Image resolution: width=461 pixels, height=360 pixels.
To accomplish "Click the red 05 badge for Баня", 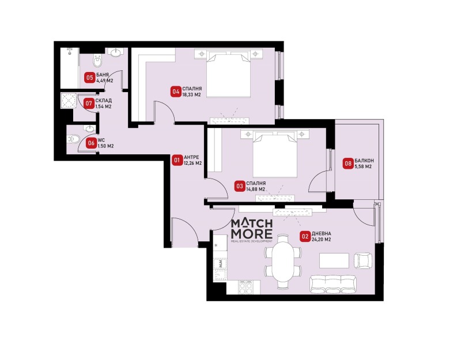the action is pos(89,78).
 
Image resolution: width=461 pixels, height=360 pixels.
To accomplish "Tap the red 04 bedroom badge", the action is pos(176,92).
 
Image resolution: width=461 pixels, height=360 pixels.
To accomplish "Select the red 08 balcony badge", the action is pos(348,164).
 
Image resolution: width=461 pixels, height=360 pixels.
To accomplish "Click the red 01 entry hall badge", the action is pos(177,160).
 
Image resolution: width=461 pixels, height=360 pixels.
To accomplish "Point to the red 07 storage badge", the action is pos(89,104).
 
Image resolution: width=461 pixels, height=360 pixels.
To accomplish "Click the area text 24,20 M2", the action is pos(321,240).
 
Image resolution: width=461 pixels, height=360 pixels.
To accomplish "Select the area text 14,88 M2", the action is pos(256,189).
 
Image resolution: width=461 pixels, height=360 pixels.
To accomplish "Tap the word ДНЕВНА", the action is pos(322,234).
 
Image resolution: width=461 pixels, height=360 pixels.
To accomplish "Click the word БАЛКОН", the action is pos(364,161).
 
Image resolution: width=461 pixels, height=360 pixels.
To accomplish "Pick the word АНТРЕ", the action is pos(191,157).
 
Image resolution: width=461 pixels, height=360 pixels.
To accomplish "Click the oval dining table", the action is pos(283,262).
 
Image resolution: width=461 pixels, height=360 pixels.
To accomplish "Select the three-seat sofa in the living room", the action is pos(332,284).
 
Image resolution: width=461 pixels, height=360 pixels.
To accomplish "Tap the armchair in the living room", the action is pos(363,261).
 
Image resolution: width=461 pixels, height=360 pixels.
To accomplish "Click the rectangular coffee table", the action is pos(334,261).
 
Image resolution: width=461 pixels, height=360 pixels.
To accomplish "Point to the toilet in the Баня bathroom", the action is pos(97,60).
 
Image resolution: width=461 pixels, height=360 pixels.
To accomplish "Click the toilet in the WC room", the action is pos(74,138).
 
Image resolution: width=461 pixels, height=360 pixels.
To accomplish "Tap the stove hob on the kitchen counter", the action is pos(245,287).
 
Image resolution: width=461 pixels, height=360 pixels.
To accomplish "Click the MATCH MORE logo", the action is pos(252,230).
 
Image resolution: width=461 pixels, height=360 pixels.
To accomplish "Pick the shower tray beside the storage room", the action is pos(69,101).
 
